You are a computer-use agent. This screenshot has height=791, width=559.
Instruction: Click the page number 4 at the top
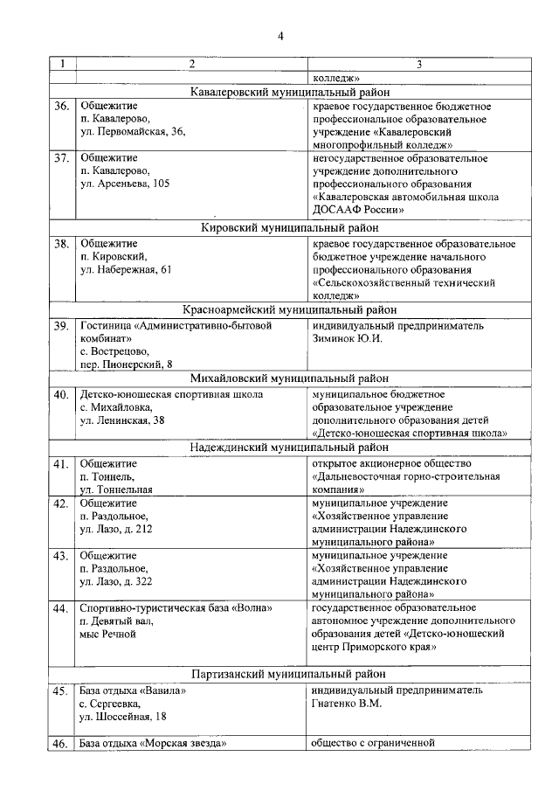point(280,36)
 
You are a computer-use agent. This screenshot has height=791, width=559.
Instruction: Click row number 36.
point(61,107)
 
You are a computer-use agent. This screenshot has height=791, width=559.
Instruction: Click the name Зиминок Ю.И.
point(347,338)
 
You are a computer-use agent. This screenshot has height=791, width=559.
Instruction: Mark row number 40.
point(61,394)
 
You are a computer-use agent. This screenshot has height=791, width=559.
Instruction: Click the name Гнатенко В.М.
point(347,703)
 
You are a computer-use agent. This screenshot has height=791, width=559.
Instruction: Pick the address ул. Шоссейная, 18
point(123,716)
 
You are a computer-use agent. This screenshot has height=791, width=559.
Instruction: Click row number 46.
point(61,745)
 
